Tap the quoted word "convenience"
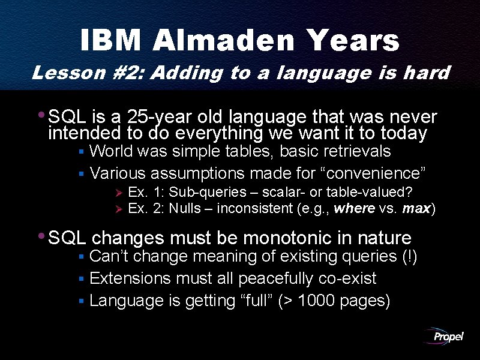374,173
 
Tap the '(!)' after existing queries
409,257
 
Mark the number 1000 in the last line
316,301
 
